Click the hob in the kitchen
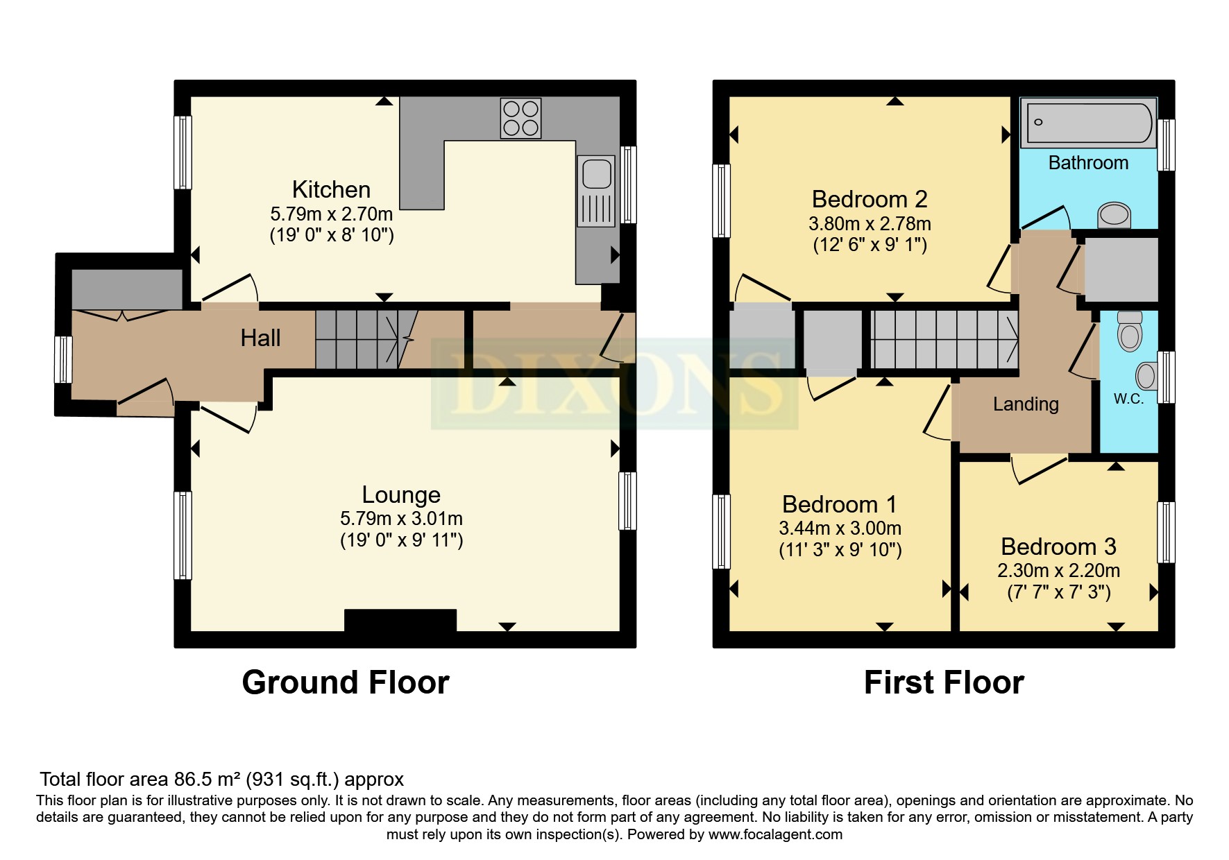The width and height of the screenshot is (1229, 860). tap(520, 119)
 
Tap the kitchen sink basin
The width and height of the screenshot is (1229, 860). tap(596, 173)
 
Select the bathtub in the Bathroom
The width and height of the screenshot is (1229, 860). tap(1088, 123)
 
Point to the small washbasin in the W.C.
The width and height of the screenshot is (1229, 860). tap(1146, 377)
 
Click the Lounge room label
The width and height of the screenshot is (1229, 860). tap(401, 495)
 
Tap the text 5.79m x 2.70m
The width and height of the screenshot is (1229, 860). tap(331, 214)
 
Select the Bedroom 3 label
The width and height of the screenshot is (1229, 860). tap(1058, 547)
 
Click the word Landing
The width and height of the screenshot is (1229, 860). tap(1026, 404)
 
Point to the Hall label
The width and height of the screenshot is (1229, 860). tap(260, 338)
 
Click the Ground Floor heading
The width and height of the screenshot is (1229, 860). tap(345, 682)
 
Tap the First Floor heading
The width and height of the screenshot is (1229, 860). tap(943, 682)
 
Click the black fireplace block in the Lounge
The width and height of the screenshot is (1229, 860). tap(400, 620)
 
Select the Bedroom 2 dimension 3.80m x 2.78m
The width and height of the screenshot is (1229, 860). tap(870, 224)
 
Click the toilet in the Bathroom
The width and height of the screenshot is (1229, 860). tap(1114, 215)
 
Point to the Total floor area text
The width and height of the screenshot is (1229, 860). tap(221, 780)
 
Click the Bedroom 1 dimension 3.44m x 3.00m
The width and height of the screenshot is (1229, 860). tap(840, 528)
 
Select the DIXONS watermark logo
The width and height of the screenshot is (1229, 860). tap(614, 384)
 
